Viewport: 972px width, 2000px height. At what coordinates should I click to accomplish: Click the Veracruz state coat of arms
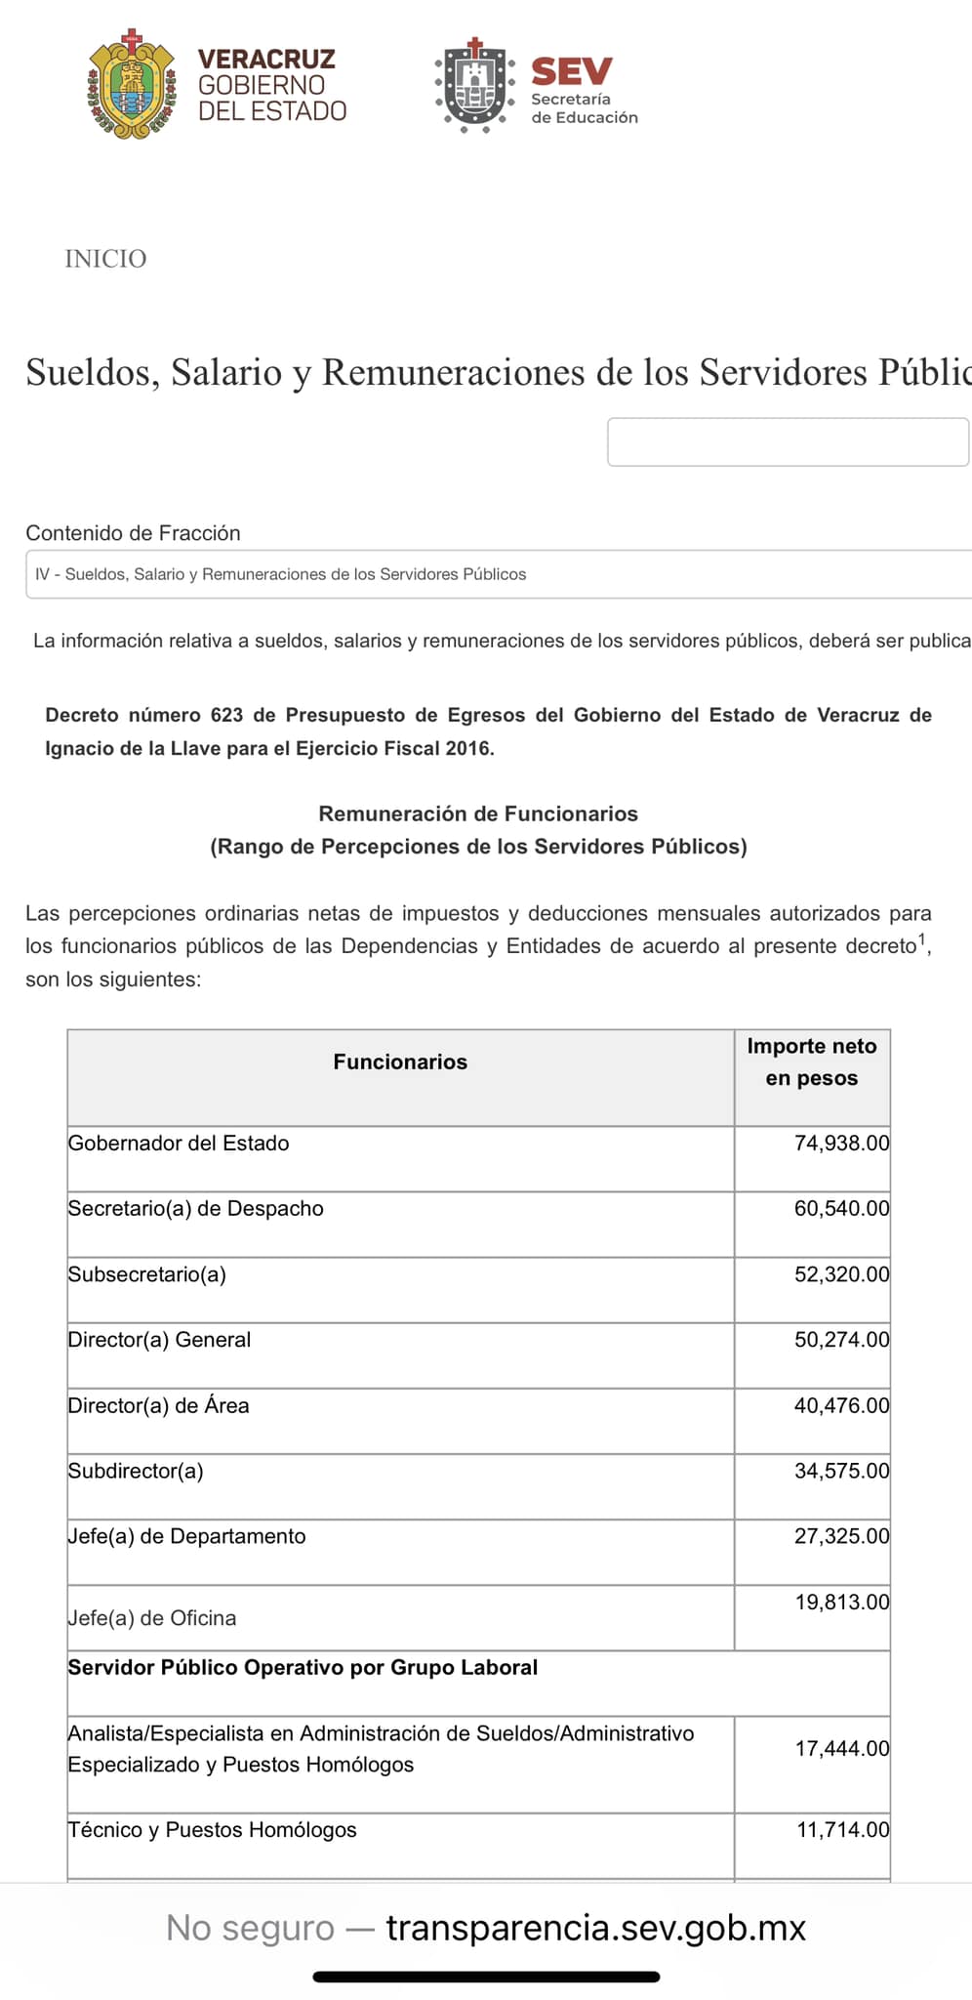131,86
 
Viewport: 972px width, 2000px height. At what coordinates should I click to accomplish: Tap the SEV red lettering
572,71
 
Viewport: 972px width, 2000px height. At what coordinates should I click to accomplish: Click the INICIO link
105,259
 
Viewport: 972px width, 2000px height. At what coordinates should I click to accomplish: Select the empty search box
788,442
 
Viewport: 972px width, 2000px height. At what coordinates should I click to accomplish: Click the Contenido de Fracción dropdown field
498,574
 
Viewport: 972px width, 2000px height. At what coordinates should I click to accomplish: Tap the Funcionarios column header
400,1062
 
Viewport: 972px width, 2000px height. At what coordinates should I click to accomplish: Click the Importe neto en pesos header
812,1062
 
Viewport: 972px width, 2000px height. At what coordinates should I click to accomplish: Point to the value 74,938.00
841,1144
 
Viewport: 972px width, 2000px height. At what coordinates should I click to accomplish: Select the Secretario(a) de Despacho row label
195,1209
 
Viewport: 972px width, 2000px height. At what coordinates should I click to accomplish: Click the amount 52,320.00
841,1274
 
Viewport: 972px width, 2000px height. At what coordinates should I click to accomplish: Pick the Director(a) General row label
159,1340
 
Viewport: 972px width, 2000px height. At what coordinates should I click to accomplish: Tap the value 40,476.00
841,1405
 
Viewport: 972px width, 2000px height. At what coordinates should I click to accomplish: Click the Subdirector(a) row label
136,1472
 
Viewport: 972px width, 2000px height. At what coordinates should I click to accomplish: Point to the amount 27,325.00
841,1536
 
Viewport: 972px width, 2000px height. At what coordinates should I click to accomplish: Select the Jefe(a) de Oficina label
152,1618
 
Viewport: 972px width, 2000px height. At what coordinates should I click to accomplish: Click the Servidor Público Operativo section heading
303,1668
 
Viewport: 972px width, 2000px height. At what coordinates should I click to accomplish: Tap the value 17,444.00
841,1749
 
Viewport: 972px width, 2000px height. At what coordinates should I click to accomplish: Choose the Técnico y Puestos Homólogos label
212,1830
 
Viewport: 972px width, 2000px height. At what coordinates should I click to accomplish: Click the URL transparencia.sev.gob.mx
595,1928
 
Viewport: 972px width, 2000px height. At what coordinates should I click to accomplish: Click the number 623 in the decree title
226,715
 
